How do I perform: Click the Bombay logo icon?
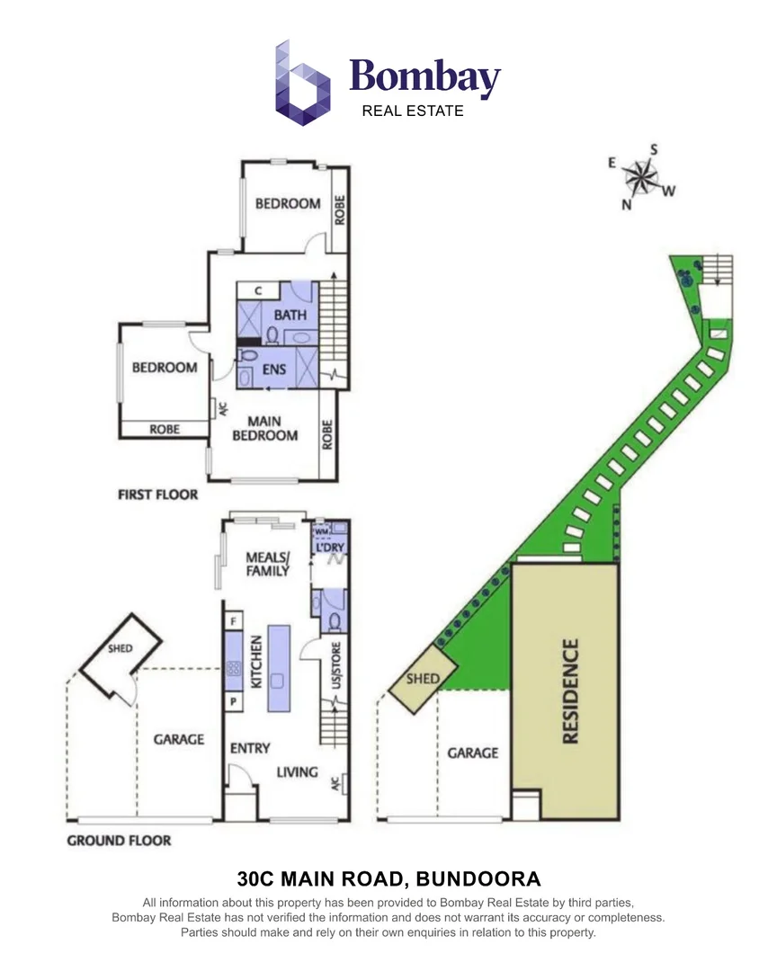303,83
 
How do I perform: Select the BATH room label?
290,315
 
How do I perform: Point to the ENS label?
273,369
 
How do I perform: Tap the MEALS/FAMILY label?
268,564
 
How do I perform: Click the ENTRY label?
249,748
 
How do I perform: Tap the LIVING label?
297,771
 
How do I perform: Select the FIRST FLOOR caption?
157,494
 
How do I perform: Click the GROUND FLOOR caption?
119,841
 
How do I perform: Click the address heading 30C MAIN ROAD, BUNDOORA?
388,877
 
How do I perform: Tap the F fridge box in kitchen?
234,620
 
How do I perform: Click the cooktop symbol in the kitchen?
234,668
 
